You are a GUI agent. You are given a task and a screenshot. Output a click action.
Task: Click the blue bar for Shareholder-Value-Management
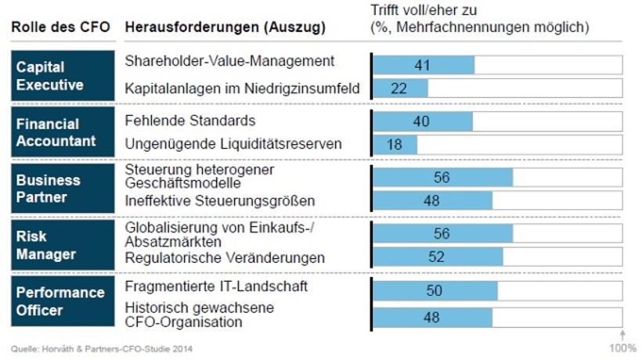(x=424, y=65)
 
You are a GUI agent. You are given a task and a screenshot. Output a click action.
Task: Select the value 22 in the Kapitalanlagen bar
(x=399, y=88)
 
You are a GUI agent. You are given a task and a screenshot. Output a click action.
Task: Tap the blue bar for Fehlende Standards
(x=423, y=122)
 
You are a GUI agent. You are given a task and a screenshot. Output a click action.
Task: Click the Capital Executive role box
(x=61, y=76)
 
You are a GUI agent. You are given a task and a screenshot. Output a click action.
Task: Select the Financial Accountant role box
(x=61, y=132)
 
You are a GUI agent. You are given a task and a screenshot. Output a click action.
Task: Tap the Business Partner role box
(x=61, y=189)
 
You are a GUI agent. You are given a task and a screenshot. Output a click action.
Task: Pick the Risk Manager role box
(x=61, y=245)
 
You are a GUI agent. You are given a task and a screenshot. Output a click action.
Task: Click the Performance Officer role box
(x=61, y=301)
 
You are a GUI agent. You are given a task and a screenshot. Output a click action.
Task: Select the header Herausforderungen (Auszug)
(x=225, y=27)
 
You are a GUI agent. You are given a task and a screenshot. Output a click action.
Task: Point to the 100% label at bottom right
(x=623, y=347)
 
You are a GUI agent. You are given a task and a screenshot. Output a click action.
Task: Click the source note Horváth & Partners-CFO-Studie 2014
(x=103, y=348)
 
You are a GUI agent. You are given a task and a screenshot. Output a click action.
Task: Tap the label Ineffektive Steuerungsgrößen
(x=220, y=201)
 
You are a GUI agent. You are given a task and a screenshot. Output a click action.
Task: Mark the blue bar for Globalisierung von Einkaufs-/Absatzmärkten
(x=442, y=234)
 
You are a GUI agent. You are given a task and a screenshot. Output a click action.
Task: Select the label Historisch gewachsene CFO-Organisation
(x=200, y=315)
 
